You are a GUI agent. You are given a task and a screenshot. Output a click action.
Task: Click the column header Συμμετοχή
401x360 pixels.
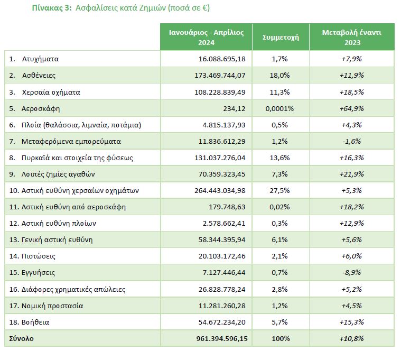tap(281, 38)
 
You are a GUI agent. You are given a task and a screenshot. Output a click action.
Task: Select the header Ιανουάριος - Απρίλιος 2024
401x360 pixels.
tap(207, 38)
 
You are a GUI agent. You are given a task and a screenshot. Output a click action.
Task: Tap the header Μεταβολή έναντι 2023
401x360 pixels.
tap(352, 38)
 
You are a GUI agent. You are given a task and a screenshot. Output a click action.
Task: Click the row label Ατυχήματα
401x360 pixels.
tap(40, 59)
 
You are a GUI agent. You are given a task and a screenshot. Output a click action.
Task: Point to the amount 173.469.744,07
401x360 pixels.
tap(220, 76)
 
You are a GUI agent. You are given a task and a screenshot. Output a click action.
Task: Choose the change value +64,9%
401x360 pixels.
tap(352, 108)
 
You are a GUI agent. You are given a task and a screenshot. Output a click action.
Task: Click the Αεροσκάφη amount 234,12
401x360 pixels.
tap(234, 108)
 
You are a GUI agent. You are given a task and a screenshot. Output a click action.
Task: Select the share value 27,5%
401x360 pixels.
tap(279, 191)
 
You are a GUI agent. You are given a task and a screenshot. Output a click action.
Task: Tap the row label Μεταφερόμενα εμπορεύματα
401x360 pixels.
tap(71, 142)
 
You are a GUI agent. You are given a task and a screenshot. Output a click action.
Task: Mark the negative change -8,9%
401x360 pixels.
tap(352, 272)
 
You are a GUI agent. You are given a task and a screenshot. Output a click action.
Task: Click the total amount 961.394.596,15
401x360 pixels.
tap(222, 339)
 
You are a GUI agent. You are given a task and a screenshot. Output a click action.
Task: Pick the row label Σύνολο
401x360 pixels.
tap(21, 339)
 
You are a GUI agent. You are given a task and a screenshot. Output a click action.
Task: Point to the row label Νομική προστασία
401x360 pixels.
tap(52, 306)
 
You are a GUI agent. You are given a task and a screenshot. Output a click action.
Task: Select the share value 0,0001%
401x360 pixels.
tap(279, 108)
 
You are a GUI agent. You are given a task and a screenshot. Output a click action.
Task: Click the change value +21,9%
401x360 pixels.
tap(352, 174)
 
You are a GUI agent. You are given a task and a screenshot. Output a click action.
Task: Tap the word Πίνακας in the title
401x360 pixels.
tap(48, 8)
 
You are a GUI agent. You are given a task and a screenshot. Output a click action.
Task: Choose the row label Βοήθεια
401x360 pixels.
tap(35, 322)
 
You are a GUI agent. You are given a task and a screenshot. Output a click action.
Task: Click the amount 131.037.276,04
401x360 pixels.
tap(220, 158)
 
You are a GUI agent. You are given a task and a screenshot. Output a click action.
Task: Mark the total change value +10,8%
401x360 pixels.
tap(352, 339)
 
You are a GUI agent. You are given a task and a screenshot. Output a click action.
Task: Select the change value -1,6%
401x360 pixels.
tap(352, 142)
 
